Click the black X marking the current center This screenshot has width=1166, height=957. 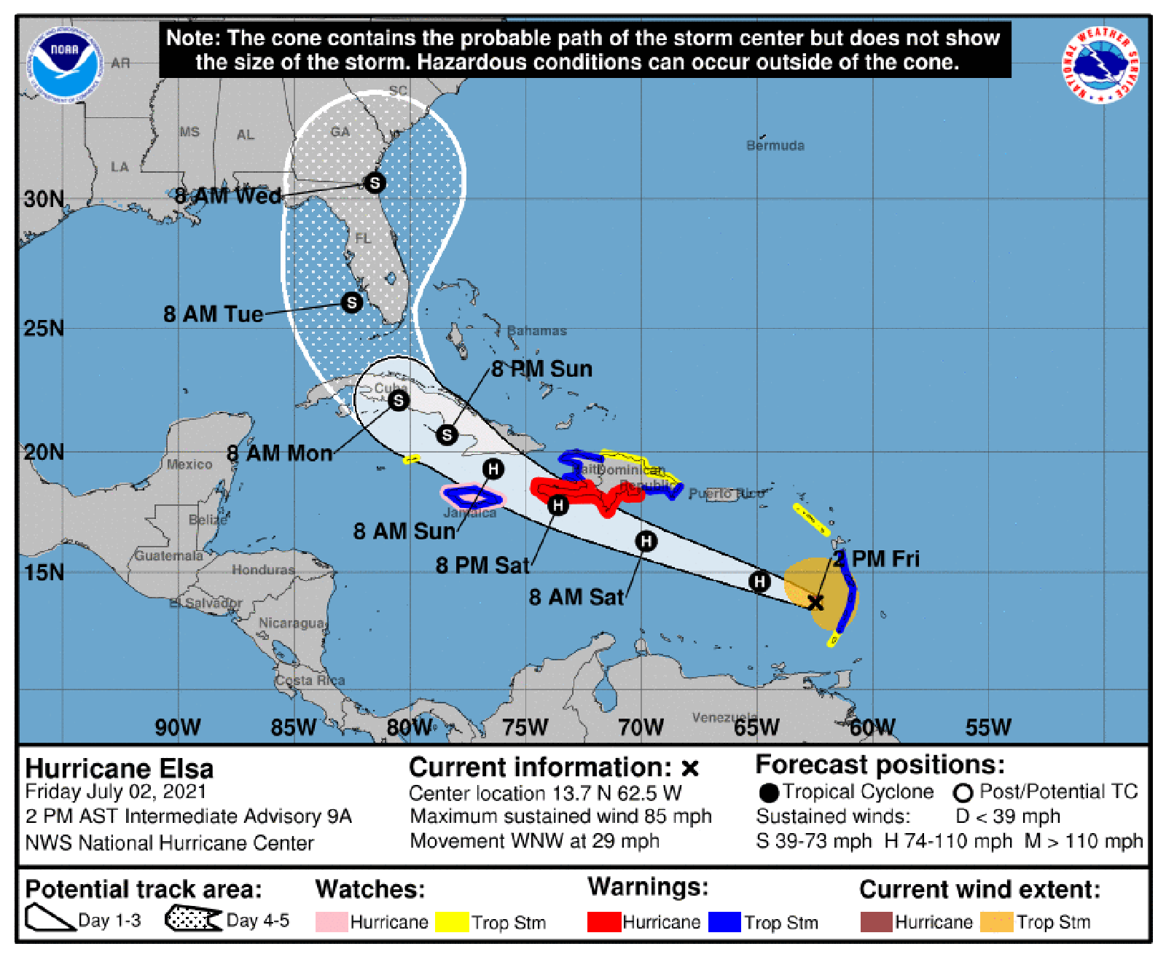(x=815, y=602)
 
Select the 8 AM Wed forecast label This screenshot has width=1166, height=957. (x=227, y=195)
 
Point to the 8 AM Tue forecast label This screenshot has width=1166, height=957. (x=213, y=314)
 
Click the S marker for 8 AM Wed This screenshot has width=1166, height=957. (x=375, y=182)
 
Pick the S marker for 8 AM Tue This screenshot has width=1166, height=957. (x=351, y=302)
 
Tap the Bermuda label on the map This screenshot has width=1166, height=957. (x=775, y=146)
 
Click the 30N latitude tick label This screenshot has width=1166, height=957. (x=44, y=199)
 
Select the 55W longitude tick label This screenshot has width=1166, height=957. (x=988, y=727)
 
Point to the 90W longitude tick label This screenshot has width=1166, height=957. (x=177, y=727)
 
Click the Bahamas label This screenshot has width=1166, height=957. (x=537, y=331)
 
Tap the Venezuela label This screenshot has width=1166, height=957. (x=724, y=718)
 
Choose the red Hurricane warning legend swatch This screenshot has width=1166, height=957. (x=604, y=922)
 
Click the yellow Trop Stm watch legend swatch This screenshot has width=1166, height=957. (x=452, y=922)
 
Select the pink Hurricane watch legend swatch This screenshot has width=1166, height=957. (x=332, y=922)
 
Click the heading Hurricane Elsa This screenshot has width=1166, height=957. (x=120, y=769)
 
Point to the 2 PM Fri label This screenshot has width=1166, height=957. (x=877, y=559)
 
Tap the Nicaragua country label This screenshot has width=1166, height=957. (x=291, y=623)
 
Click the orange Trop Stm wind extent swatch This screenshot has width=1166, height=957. (x=997, y=922)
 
